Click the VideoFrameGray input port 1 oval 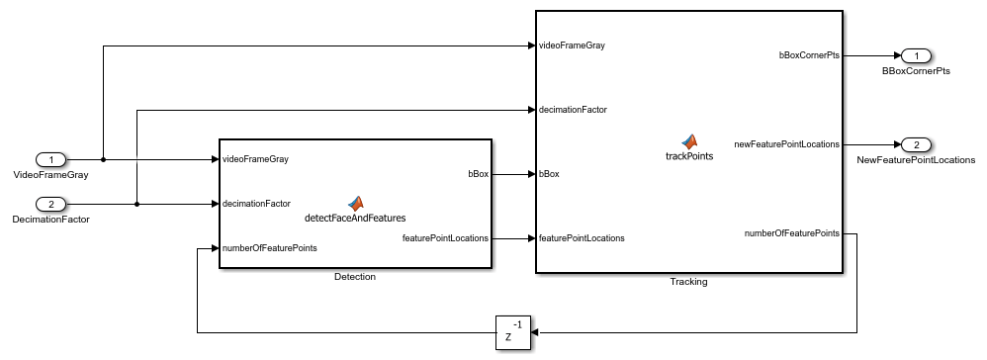tap(51, 160)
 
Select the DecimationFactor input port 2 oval tap(51, 204)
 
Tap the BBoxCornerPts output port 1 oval tap(916, 56)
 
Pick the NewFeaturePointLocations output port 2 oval tap(916, 144)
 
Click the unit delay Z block tap(513, 332)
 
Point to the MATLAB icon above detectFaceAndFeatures tap(356, 204)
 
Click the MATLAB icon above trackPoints tap(689, 141)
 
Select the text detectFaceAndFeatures tap(355, 218)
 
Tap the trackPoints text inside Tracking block tap(689, 156)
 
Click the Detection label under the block tap(355, 276)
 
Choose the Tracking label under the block tap(688, 281)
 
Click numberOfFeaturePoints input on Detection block tap(269, 248)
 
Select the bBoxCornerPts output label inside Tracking tap(809, 55)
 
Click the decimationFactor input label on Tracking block tap(573, 110)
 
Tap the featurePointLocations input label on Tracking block tap(582, 238)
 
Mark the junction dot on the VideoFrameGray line tap(103, 160)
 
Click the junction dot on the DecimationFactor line tap(136, 204)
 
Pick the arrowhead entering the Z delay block tap(536, 332)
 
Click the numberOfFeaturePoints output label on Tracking tap(792, 233)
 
